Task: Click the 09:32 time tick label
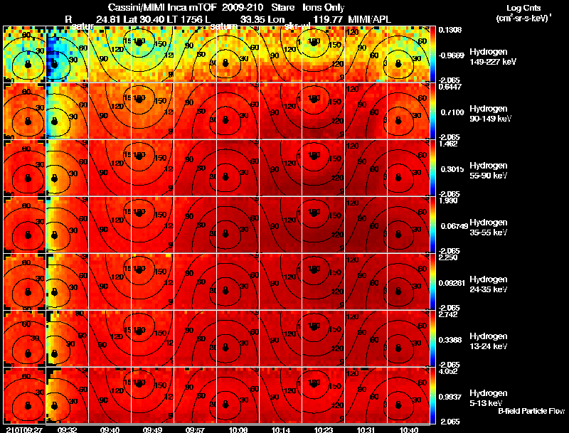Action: click(x=68, y=429)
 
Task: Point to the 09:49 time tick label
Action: click(x=154, y=429)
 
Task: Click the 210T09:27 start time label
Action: click(x=23, y=429)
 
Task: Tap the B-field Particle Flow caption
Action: click(x=531, y=412)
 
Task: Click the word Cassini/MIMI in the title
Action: click(x=142, y=6)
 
